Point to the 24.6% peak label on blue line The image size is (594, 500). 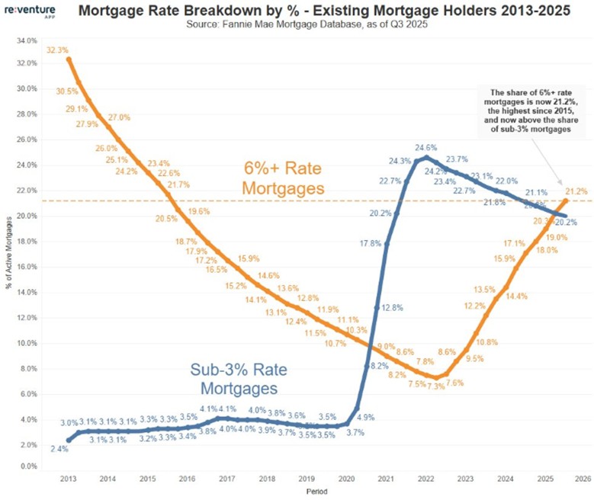[x=425, y=146]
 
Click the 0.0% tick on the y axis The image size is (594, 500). [x=28, y=466]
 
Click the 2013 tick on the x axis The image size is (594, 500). [x=66, y=479]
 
